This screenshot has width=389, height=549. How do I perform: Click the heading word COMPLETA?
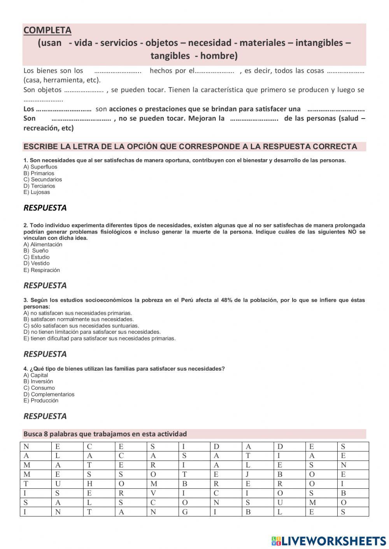click(x=47, y=30)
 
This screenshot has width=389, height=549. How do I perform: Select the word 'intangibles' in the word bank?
click(x=319, y=43)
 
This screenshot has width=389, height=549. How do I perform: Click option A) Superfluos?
click(x=40, y=167)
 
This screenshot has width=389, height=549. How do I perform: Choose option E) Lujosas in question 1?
click(x=37, y=192)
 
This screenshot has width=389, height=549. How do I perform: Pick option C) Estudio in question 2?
click(x=37, y=257)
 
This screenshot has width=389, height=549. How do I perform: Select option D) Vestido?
click(x=37, y=263)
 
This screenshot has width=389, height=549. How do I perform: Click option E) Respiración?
click(x=42, y=270)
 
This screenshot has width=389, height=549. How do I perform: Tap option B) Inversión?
click(x=38, y=382)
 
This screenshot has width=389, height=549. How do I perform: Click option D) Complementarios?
click(x=49, y=394)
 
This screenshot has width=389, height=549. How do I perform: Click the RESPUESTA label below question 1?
click(x=45, y=208)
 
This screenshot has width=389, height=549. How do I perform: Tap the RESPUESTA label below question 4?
click(x=45, y=416)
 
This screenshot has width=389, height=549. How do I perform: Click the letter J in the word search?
click(x=247, y=474)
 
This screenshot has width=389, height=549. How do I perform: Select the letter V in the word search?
click(x=153, y=493)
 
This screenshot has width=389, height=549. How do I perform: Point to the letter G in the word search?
click(x=185, y=512)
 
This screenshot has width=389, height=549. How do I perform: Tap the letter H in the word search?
click(x=89, y=484)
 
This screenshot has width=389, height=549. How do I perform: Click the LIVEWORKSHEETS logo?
click(x=329, y=540)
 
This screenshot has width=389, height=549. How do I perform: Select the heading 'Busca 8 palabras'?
click(x=105, y=434)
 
